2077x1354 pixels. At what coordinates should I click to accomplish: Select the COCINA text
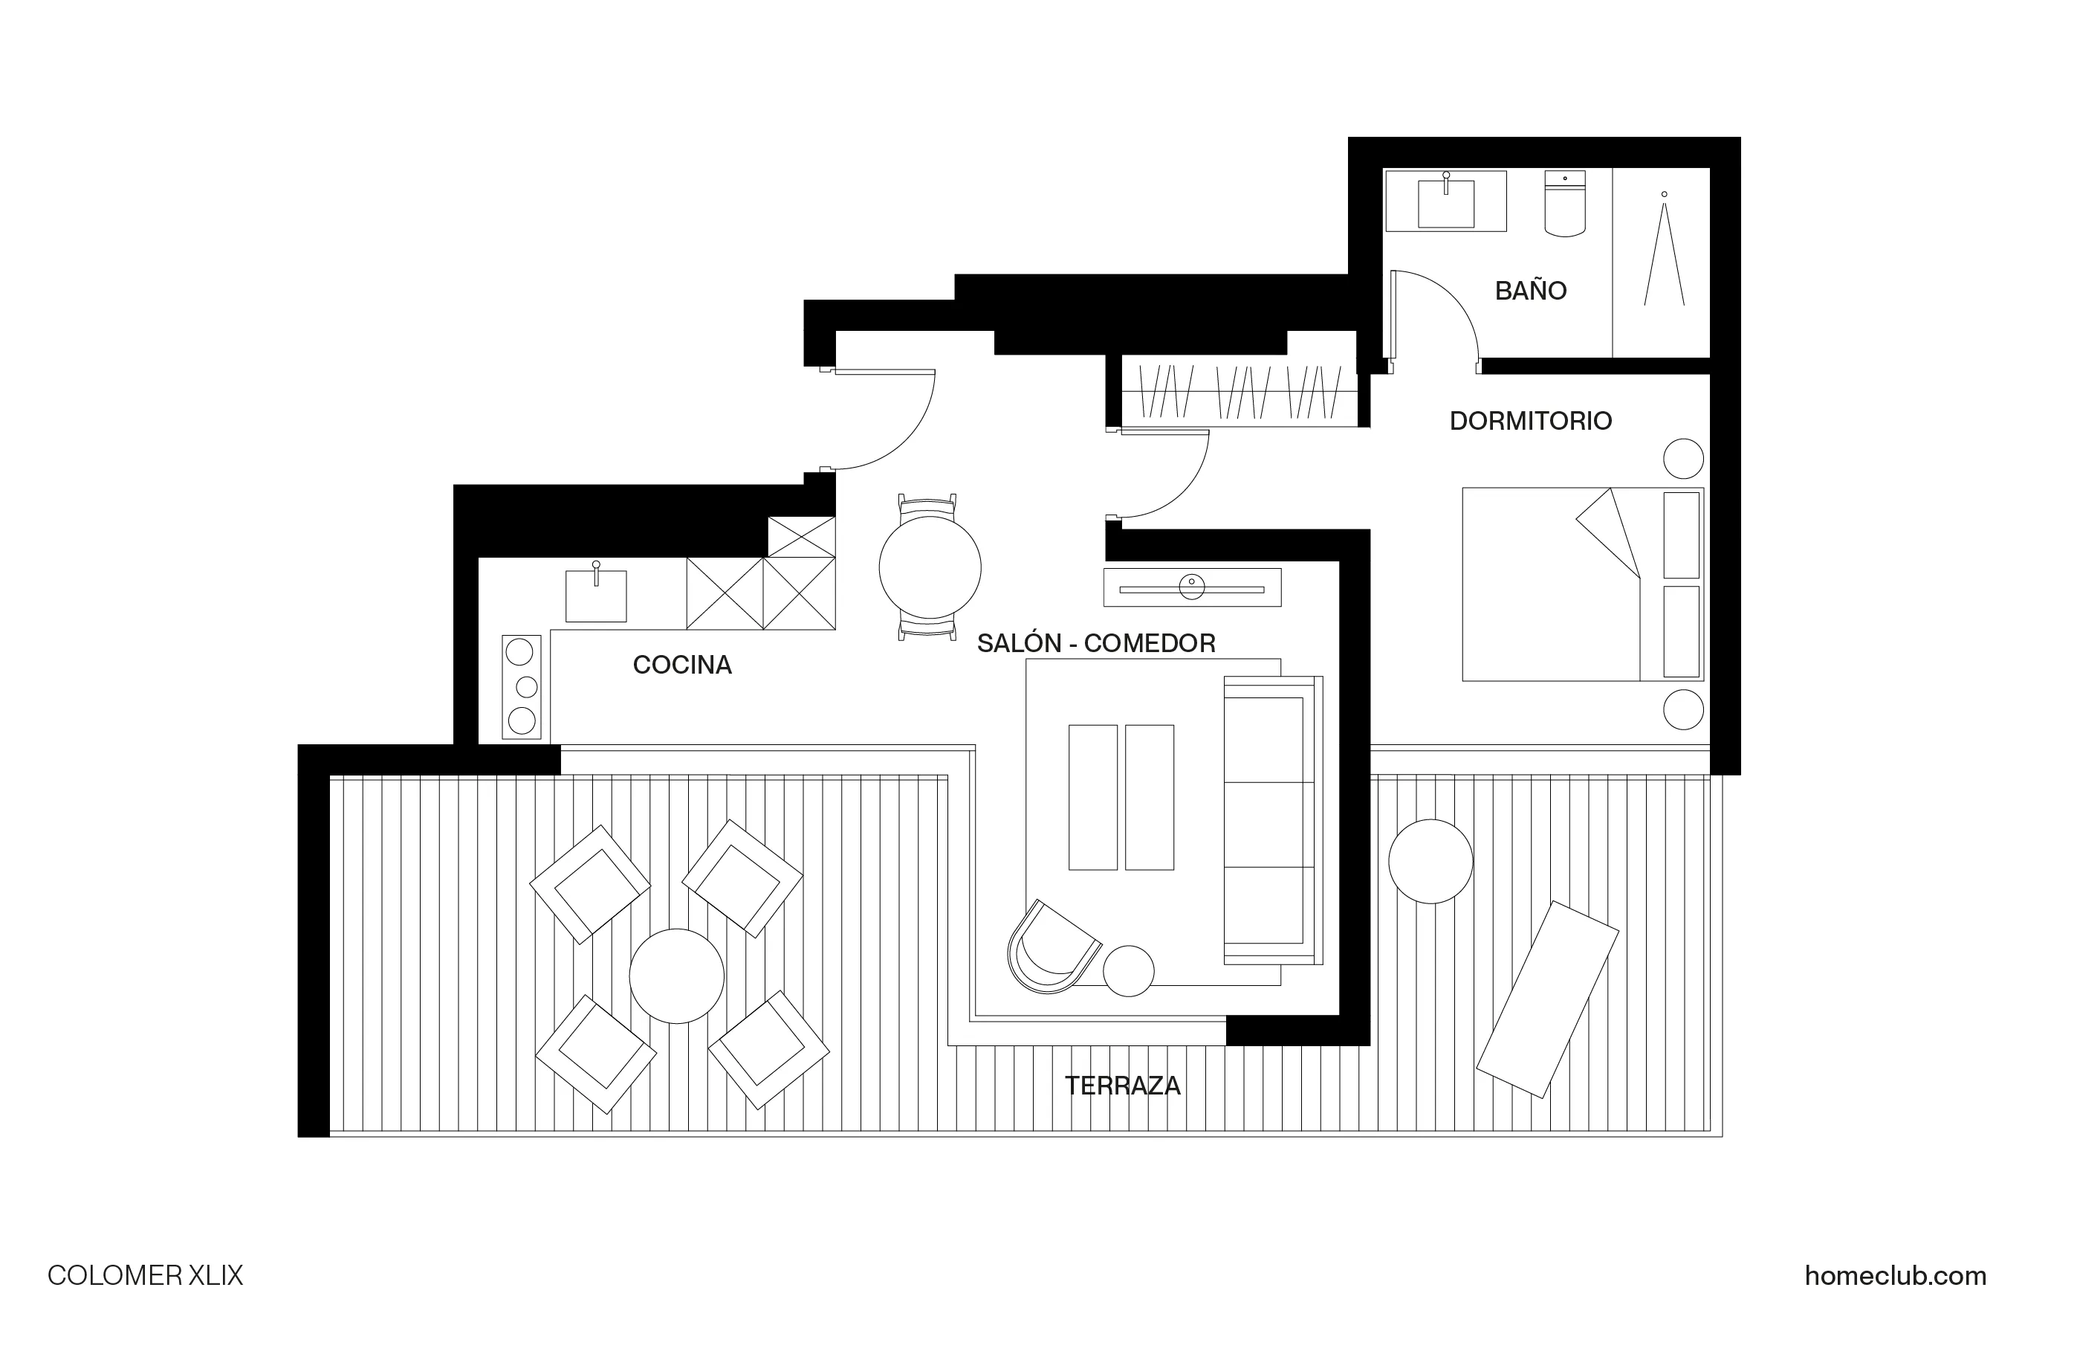[681, 665]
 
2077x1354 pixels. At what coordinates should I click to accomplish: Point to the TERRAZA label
[1122, 1086]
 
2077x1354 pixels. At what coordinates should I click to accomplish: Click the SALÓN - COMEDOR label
[1095, 643]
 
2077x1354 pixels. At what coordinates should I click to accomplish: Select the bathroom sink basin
[1445, 204]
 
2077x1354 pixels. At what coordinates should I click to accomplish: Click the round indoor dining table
[930, 567]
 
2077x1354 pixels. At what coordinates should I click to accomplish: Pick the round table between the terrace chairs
[676, 976]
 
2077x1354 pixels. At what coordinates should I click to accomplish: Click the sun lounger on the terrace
[1547, 999]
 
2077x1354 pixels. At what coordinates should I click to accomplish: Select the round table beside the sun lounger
[1430, 861]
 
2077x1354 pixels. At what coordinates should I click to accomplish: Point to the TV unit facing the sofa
[1191, 587]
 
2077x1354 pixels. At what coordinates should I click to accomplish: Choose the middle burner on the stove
[526, 687]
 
